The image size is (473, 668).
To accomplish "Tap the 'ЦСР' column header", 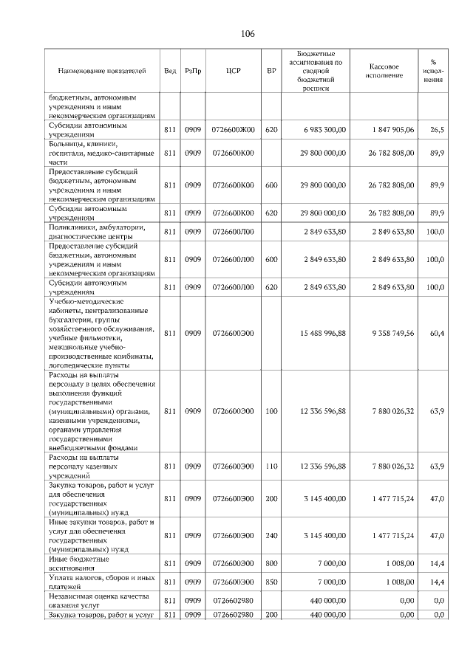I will [233, 71].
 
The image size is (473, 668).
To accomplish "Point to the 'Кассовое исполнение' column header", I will [384, 71].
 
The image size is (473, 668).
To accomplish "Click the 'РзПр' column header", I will [193, 71].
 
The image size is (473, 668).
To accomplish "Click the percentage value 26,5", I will [437, 130].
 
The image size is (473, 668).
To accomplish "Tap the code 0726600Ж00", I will [233, 130].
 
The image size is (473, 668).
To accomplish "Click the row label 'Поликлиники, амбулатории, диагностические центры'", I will [101, 231].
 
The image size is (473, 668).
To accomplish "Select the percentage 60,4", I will [437, 333].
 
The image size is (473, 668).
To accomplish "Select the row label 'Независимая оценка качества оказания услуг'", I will [101, 601].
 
